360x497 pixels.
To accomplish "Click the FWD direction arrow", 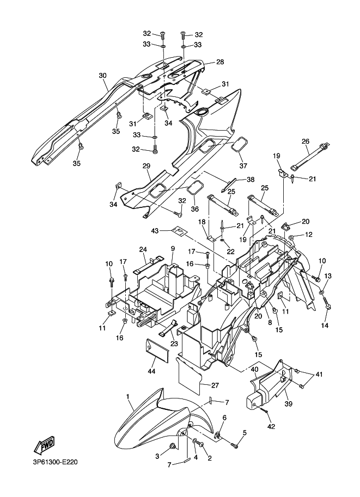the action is tap(45, 444).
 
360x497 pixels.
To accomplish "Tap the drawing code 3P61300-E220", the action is tap(55, 462).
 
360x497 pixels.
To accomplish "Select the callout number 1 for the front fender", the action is tap(127, 396).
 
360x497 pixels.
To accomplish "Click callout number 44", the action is tap(151, 370).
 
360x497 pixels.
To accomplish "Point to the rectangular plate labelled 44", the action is tap(157, 348).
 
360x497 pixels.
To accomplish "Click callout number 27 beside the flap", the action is tap(215, 385).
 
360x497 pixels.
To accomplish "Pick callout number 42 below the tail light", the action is tap(271, 426).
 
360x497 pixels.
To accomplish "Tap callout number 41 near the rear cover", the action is tap(319, 375).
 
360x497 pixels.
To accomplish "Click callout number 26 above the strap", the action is tap(305, 141).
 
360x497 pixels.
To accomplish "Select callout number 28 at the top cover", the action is tap(220, 62).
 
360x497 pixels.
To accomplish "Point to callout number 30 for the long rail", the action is tap(103, 76).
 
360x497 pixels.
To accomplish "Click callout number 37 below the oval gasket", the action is tap(243, 165).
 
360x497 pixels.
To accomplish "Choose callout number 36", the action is tap(194, 209).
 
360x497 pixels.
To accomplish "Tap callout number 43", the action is tap(164, 231).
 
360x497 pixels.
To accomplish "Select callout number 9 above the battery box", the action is tap(173, 249).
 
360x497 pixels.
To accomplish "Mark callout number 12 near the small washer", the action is tap(309, 234).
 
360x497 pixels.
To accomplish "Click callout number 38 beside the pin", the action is tap(251, 180).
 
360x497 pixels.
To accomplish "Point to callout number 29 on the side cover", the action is tap(147, 166).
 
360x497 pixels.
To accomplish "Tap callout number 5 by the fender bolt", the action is tap(245, 432).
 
